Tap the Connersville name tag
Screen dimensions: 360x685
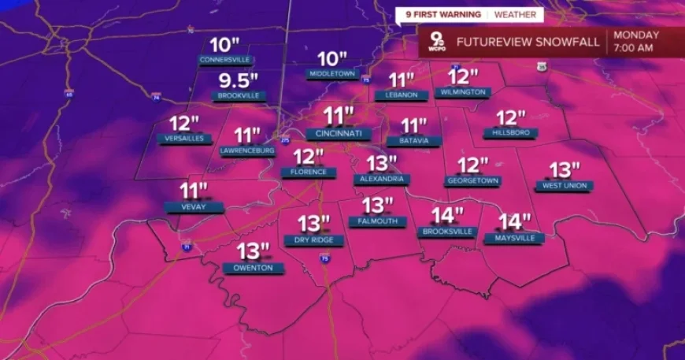(x=225, y=60)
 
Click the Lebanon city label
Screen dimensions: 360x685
(x=401, y=95)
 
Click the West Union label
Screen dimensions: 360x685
(x=564, y=185)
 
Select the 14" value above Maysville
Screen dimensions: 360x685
(x=515, y=222)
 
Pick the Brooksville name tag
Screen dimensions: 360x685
(x=446, y=231)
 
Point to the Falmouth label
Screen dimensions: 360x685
(x=377, y=221)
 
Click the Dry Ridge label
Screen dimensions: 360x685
(x=313, y=239)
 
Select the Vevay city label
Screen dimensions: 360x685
(x=194, y=206)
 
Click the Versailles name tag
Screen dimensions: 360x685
(x=185, y=139)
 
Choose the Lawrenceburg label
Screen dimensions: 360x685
(x=246, y=150)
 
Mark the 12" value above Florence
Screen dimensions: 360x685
(x=308, y=157)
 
